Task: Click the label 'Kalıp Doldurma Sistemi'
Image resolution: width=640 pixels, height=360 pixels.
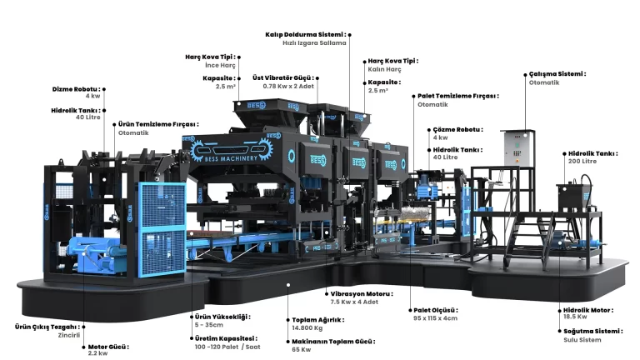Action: [x=305, y=35]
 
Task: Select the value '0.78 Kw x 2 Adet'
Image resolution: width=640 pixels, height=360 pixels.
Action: [x=288, y=86]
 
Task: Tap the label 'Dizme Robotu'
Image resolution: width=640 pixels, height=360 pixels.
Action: [x=76, y=89]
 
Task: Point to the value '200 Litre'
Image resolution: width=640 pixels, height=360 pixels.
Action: [x=582, y=161]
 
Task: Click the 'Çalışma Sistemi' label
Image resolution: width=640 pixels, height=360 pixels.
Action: [x=557, y=74]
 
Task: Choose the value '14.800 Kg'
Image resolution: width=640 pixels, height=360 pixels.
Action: [x=307, y=327]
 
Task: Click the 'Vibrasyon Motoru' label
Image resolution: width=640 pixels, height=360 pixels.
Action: [x=361, y=294]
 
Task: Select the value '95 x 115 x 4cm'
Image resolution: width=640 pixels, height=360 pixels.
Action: [x=435, y=318]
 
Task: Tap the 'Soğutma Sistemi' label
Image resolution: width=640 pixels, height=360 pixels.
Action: [x=592, y=331]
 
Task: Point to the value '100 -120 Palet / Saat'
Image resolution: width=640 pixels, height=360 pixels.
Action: [x=227, y=347]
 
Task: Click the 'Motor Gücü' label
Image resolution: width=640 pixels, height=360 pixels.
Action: [x=108, y=347]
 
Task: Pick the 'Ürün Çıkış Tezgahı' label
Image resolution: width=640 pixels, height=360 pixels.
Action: [x=47, y=327]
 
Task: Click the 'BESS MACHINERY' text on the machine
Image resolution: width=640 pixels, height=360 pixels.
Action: [x=231, y=158]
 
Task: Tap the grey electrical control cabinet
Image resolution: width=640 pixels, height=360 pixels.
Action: [x=517, y=148]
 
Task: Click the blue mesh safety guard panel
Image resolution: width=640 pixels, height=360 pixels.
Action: [x=162, y=228]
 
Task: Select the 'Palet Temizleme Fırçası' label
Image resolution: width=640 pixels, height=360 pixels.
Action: [x=458, y=97]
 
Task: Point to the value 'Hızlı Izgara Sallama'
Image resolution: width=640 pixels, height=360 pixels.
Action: [x=314, y=42]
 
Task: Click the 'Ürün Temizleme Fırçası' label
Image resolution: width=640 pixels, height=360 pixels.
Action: [x=158, y=124]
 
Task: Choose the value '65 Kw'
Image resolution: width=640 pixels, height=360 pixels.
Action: [x=301, y=349]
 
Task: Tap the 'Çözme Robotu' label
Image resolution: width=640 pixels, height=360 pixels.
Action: [x=457, y=130]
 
